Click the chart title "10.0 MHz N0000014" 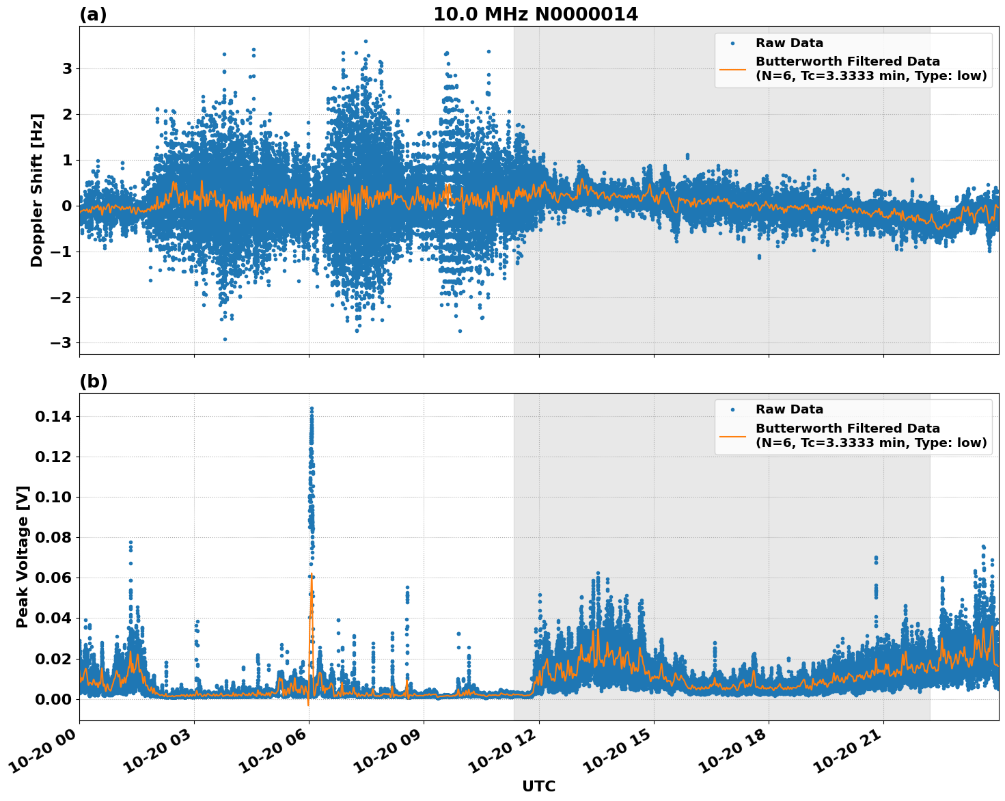[535, 14]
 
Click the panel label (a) [93, 14]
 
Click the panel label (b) [93, 381]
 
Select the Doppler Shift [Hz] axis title [37, 190]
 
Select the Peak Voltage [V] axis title [23, 556]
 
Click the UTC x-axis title [538, 786]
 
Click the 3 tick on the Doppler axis [67, 68]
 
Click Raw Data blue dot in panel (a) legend [732, 43]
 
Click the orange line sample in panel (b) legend [732, 435]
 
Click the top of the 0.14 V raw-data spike [312, 409]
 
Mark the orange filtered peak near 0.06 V [312, 576]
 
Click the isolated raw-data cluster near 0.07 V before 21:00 [876, 560]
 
